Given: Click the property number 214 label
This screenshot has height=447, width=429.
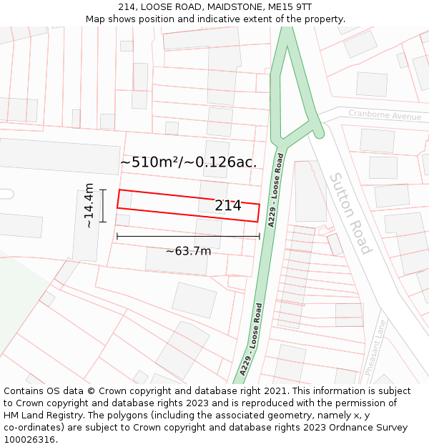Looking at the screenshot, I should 228,206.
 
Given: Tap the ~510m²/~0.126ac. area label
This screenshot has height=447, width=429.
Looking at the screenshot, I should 188,162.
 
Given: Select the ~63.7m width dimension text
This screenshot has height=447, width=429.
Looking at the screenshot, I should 188,251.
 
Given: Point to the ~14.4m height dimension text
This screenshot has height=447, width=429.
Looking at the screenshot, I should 89,205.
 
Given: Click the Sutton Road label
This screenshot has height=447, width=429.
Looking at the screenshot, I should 350,212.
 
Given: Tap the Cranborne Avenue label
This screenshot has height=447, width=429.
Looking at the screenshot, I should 385,114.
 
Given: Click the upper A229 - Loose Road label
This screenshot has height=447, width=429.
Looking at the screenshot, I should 275,190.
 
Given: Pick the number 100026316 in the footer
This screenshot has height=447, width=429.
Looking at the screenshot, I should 30,440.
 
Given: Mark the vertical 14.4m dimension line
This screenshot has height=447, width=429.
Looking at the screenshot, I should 103,205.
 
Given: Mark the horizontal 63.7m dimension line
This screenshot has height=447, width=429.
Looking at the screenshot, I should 188,236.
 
